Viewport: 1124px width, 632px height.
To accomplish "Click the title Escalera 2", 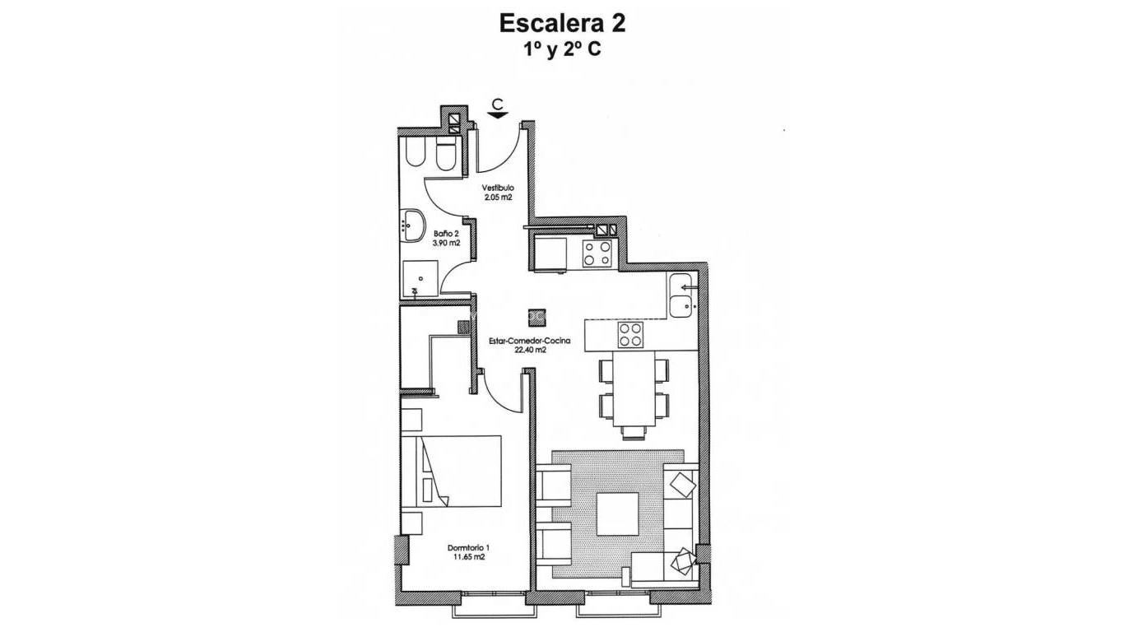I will click(x=562, y=23).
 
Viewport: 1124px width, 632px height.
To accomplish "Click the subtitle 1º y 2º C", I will click(x=562, y=49).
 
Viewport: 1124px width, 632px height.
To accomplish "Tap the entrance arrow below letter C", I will click(x=497, y=115).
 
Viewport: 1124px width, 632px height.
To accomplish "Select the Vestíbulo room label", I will click(x=498, y=188).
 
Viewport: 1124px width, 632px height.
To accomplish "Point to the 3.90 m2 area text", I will click(x=422, y=244).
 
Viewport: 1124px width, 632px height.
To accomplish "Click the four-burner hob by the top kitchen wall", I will click(x=597, y=253).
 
